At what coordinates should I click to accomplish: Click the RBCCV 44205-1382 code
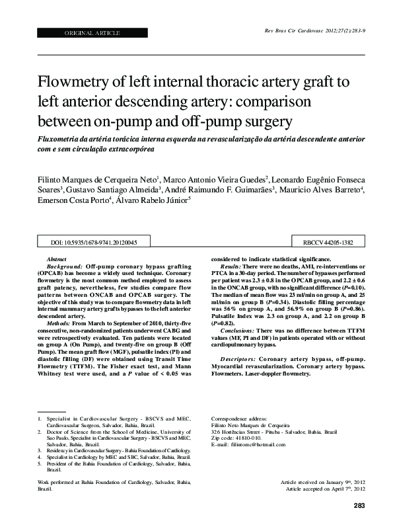319,244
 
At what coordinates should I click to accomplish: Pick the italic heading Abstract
57,259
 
